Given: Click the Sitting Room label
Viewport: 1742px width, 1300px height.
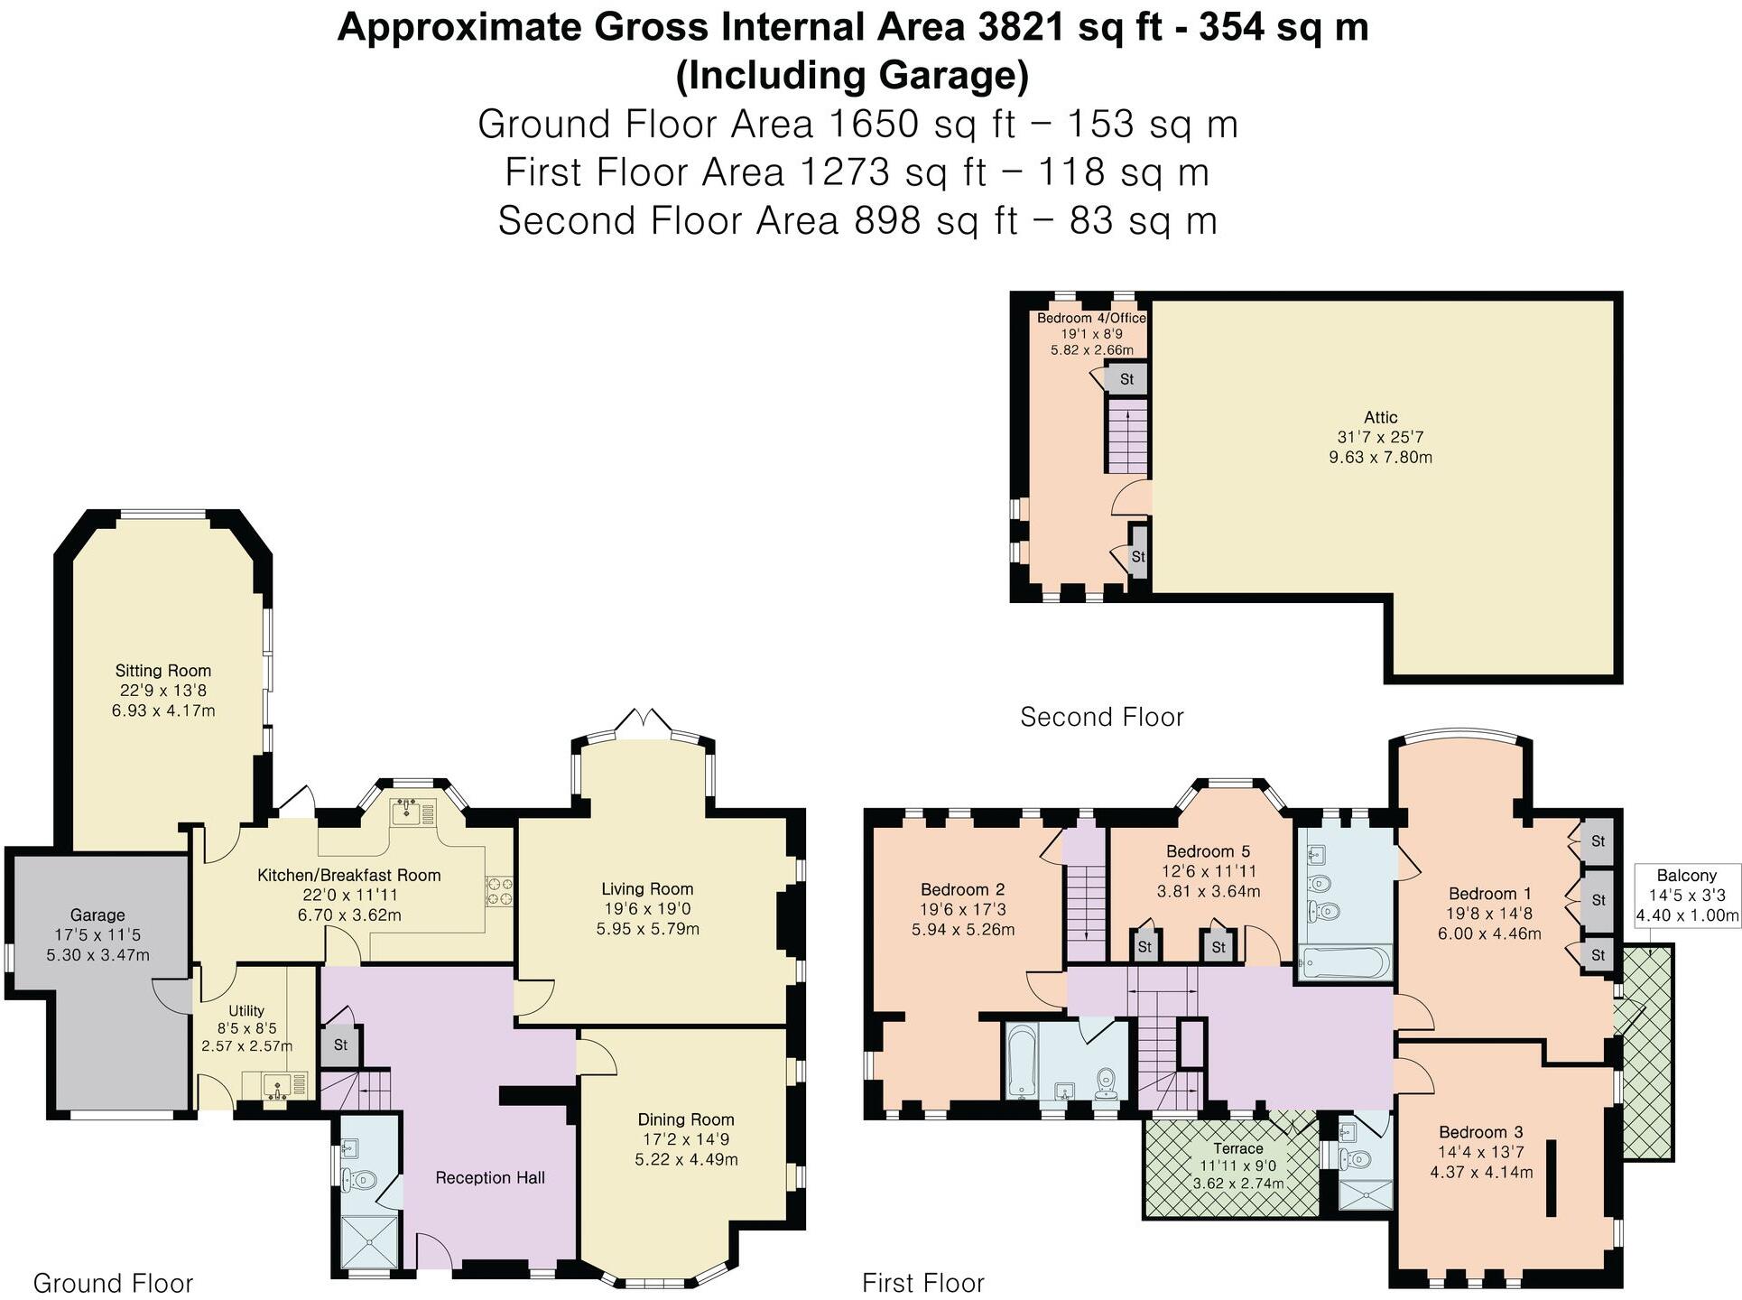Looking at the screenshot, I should point(163,671).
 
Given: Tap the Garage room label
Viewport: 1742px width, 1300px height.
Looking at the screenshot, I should point(97,915).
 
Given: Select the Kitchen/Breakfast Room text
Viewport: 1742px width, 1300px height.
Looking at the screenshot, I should point(349,875).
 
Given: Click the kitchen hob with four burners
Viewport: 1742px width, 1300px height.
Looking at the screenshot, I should point(499,892).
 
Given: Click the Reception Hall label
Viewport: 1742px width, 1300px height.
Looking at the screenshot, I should point(490,1177).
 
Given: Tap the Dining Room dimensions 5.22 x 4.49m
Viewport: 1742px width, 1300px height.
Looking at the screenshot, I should point(686,1159).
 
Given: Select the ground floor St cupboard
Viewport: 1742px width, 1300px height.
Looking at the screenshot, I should point(340,1045).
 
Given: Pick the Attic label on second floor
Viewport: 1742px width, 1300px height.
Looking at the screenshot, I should point(1380,417).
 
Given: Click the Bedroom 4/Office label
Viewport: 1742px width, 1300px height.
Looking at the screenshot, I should point(1091,318).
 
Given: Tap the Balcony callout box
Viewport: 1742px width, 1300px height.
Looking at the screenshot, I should point(1687,896).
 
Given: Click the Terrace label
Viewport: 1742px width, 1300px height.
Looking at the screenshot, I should point(1237,1148).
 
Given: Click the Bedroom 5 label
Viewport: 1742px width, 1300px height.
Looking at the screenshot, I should point(1208,851).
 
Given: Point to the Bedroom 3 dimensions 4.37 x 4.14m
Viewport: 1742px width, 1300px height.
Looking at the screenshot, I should point(1481,1173).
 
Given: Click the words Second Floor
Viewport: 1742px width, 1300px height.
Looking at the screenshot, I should point(1101,717).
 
